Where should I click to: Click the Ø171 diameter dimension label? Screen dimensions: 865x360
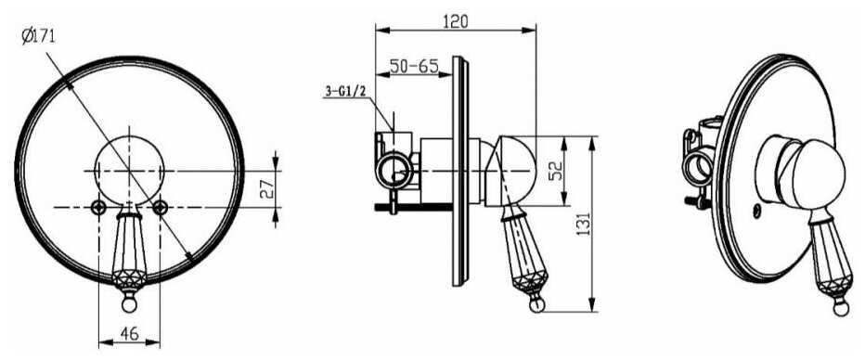[x=38, y=37]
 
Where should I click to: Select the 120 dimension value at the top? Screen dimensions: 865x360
[x=456, y=21]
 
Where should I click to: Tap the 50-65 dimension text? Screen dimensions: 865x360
[x=414, y=66]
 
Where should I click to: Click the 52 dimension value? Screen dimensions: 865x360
[x=555, y=171]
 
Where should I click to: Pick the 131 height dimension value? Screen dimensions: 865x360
[x=584, y=224]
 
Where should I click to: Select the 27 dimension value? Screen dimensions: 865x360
[x=265, y=189]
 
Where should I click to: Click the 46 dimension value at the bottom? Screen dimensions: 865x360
[x=128, y=333]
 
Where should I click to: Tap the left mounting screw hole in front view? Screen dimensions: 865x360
[x=98, y=207]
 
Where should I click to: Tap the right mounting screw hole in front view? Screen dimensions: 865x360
[x=160, y=207]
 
